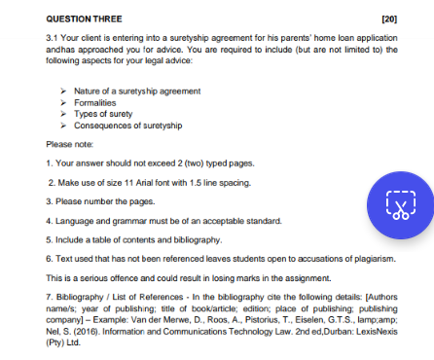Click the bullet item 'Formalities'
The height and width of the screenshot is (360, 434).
94,102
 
